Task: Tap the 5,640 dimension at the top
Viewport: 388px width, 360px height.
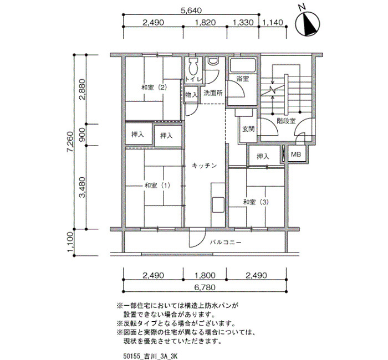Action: [x=191, y=11]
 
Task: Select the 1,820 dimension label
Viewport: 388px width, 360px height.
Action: [x=205, y=23]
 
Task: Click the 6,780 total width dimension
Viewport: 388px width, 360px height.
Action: [x=205, y=287]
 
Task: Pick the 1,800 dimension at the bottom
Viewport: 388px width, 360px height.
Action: [x=205, y=275]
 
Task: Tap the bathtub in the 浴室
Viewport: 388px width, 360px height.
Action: [x=243, y=65]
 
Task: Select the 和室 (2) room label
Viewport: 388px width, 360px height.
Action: [x=155, y=88]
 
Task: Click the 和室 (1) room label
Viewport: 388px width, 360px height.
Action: [x=157, y=185]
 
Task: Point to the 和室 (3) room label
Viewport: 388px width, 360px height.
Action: [x=256, y=202]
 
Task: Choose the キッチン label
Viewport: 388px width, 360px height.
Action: [x=205, y=166]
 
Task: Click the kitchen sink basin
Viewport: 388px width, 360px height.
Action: [x=218, y=205]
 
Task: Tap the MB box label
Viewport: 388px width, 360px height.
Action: [x=296, y=155]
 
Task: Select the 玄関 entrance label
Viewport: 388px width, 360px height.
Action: [x=248, y=129]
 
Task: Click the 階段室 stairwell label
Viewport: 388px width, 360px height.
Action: [x=286, y=121]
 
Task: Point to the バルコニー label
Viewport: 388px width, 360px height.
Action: [x=226, y=243]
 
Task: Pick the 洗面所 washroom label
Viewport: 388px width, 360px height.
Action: [x=213, y=93]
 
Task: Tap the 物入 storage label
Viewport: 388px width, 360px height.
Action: [x=192, y=95]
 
